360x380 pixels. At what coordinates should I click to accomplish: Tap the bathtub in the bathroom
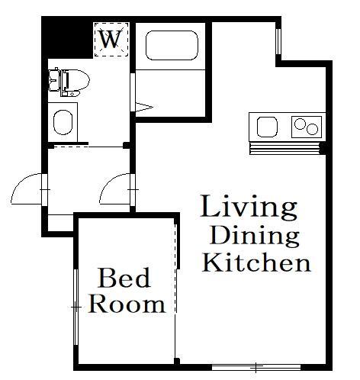[172, 46]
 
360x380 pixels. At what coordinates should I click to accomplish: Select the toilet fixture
[69, 82]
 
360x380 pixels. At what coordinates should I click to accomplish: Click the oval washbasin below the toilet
[63, 122]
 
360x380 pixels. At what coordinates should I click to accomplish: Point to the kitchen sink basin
[267, 127]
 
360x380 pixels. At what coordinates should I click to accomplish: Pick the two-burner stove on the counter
[307, 127]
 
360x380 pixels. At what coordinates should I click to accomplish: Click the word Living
[249, 208]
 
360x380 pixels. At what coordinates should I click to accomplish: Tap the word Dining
[254, 235]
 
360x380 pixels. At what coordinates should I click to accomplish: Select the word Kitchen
[256, 262]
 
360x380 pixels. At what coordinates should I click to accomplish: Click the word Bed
[124, 278]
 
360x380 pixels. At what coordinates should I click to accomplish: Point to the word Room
[127, 304]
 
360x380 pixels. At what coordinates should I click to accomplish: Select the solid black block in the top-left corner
[66, 37]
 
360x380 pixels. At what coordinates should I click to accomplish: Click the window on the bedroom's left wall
[76, 307]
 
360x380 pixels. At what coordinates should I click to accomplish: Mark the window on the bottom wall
[256, 367]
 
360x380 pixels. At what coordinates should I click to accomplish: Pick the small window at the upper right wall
[278, 41]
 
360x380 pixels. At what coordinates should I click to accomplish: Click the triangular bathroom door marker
[144, 107]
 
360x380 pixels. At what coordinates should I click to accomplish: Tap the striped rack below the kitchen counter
[284, 149]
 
